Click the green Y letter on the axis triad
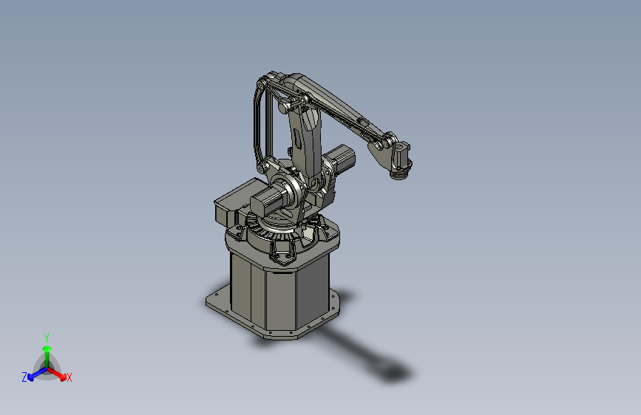47,336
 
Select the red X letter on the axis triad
69,378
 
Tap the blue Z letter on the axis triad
24,377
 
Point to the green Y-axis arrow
47,351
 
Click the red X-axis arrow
59,374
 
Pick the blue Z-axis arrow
34,374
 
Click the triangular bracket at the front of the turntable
284,252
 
